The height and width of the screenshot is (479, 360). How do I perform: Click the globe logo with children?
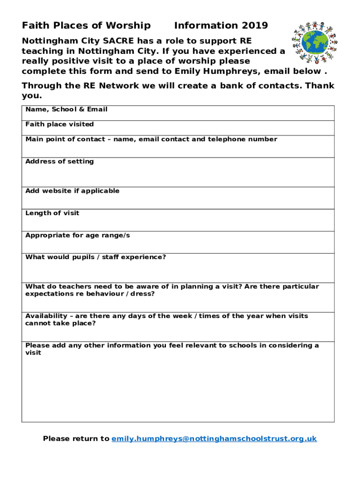tap(314, 42)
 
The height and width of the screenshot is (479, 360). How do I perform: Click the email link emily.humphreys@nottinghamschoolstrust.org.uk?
tap(214, 439)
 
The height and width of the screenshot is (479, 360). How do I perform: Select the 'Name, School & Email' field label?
tap(66, 109)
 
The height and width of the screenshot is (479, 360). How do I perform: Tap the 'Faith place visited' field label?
tap(59, 124)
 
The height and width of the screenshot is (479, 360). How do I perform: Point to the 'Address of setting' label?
tap(59, 161)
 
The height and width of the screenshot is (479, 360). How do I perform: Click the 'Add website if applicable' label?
tap(72, 191)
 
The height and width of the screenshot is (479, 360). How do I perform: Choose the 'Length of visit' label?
tap(52, 213)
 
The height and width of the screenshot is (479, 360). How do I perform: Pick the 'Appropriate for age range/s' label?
tap(78, 235)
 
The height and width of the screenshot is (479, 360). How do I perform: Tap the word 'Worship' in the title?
tap(128, 26)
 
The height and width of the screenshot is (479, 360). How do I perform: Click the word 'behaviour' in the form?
tap(92, 294)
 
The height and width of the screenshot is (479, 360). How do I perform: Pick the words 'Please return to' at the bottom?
tap(76, 439)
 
